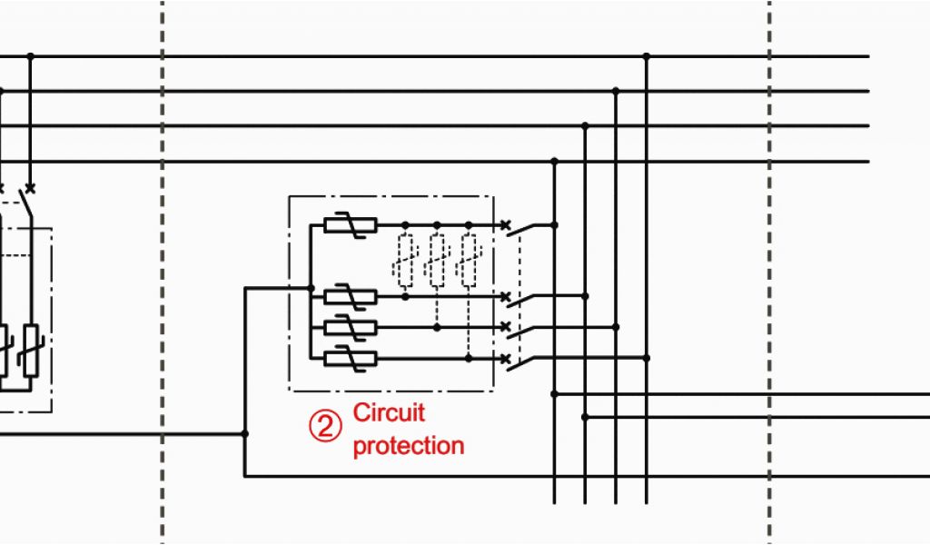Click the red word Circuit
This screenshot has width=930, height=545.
[389, 413]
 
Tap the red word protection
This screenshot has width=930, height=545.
[408, 446]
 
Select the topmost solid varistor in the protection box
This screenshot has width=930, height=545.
[350, 224]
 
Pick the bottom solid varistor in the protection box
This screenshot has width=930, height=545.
[350, 358]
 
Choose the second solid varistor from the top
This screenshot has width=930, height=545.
[350, 296]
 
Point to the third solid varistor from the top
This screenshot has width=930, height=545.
[350, 327]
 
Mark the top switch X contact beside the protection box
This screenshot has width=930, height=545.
[505, 224]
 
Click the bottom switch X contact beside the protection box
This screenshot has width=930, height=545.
[505, 358]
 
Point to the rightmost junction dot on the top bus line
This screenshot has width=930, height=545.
[647, 56]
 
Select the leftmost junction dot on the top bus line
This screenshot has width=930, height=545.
[31, 56]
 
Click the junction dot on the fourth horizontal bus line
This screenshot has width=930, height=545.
[554, 162]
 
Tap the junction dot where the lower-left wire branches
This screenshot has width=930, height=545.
[245, 434]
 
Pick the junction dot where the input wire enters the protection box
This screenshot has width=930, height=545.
[311, 289]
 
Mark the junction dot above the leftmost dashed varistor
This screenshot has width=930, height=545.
[405, 224]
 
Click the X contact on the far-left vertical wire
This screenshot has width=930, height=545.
[31, 189]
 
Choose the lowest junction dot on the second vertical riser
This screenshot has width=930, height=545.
[585, 417]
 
